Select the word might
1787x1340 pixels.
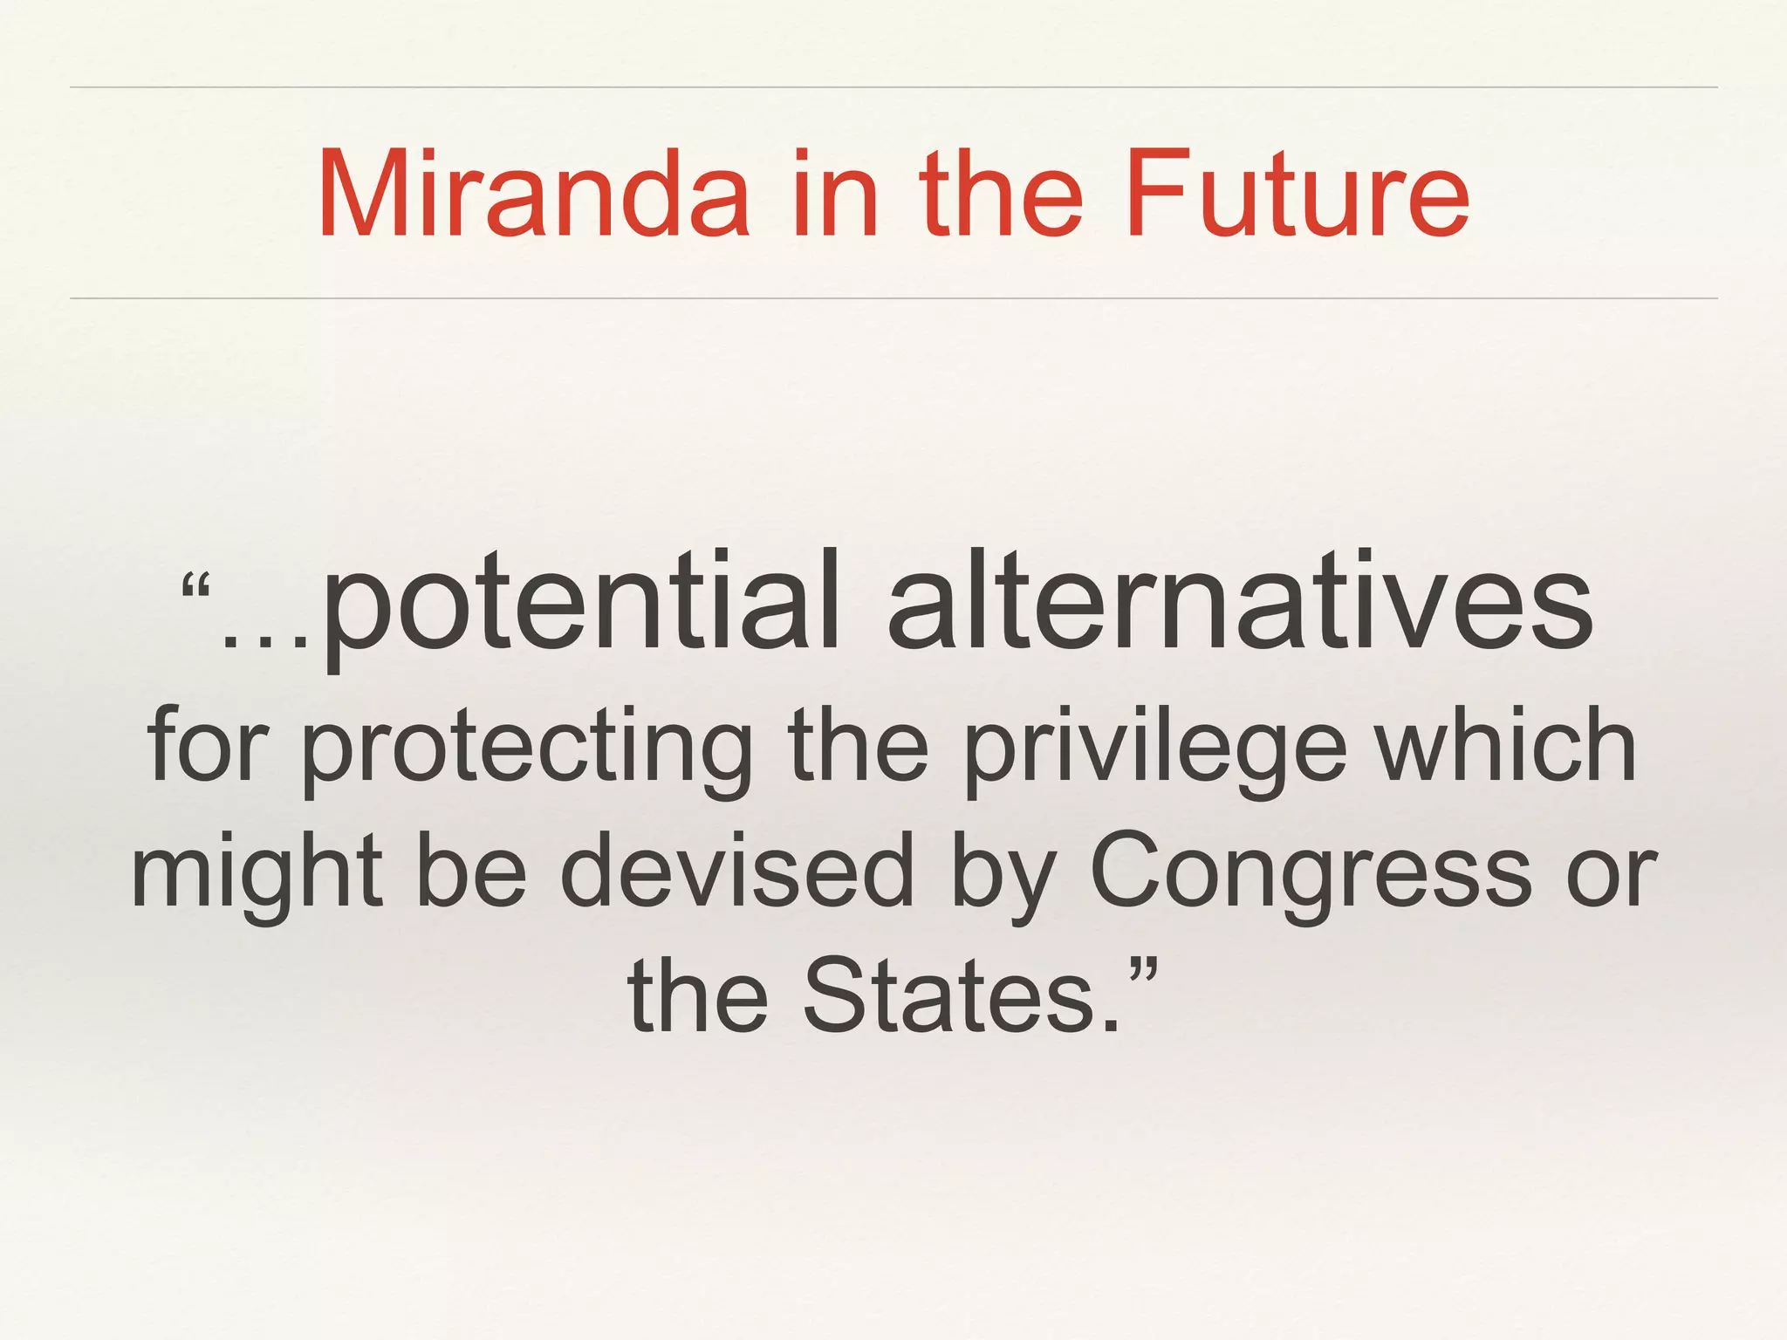257,872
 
